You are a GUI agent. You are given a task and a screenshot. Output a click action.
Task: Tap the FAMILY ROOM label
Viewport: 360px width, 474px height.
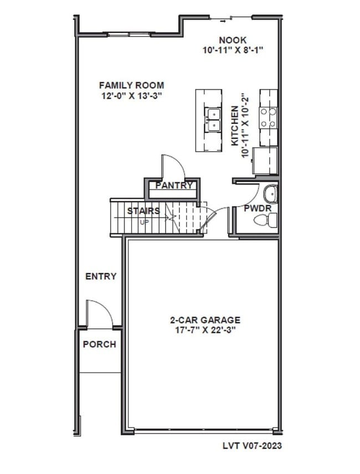click(x=131, y=85)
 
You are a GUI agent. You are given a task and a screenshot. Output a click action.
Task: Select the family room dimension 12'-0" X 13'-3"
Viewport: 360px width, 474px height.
click(x=131, y=95)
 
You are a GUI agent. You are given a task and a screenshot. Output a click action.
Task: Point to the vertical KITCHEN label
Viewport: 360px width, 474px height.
click(x=235, y=126)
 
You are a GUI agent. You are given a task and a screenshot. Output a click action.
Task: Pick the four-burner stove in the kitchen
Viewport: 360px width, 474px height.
click(x=269, y=118)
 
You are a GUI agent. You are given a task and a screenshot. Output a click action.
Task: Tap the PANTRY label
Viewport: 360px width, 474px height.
click(x=174, y=186)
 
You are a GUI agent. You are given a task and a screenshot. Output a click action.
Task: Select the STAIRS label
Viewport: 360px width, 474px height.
click(x=143, y=211)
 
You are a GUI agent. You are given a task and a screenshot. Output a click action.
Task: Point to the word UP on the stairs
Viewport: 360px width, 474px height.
click(x=144, y=222)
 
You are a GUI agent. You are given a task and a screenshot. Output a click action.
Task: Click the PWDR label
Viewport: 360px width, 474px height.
click(x=255, y=209)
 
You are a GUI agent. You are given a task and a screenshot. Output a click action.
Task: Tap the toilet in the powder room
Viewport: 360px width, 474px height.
click(x=265, y=220)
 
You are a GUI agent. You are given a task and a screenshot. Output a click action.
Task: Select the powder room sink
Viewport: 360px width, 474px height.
click(x=270, y=194)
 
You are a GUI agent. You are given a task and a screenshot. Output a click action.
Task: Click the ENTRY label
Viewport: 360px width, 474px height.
click(x=101, y=276)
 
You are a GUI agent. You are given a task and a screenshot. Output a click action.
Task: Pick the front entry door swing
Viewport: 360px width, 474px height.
click(x=100, y=313)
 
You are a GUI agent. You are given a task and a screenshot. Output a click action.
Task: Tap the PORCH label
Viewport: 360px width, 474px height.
click(x=100, y=344)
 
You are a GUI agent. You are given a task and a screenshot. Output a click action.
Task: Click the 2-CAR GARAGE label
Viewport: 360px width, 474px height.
click(x=205, y=320)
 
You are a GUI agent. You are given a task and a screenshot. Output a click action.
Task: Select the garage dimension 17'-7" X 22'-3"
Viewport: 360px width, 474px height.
click(x=205, y=330)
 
